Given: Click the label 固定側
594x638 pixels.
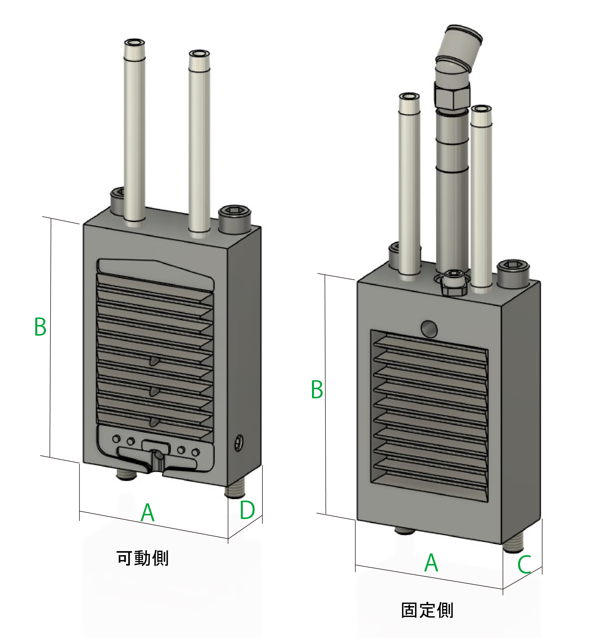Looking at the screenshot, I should (x=427, y=610).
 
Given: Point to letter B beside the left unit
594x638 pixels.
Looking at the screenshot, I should (x=40, y=327).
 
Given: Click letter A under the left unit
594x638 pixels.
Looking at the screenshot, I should (x=147, y=513).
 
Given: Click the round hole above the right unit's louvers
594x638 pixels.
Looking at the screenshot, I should (x=429, y=329).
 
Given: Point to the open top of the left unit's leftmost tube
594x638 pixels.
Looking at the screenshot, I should (x=134, y=42).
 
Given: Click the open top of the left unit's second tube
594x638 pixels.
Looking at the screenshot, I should (x=199, y=53).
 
